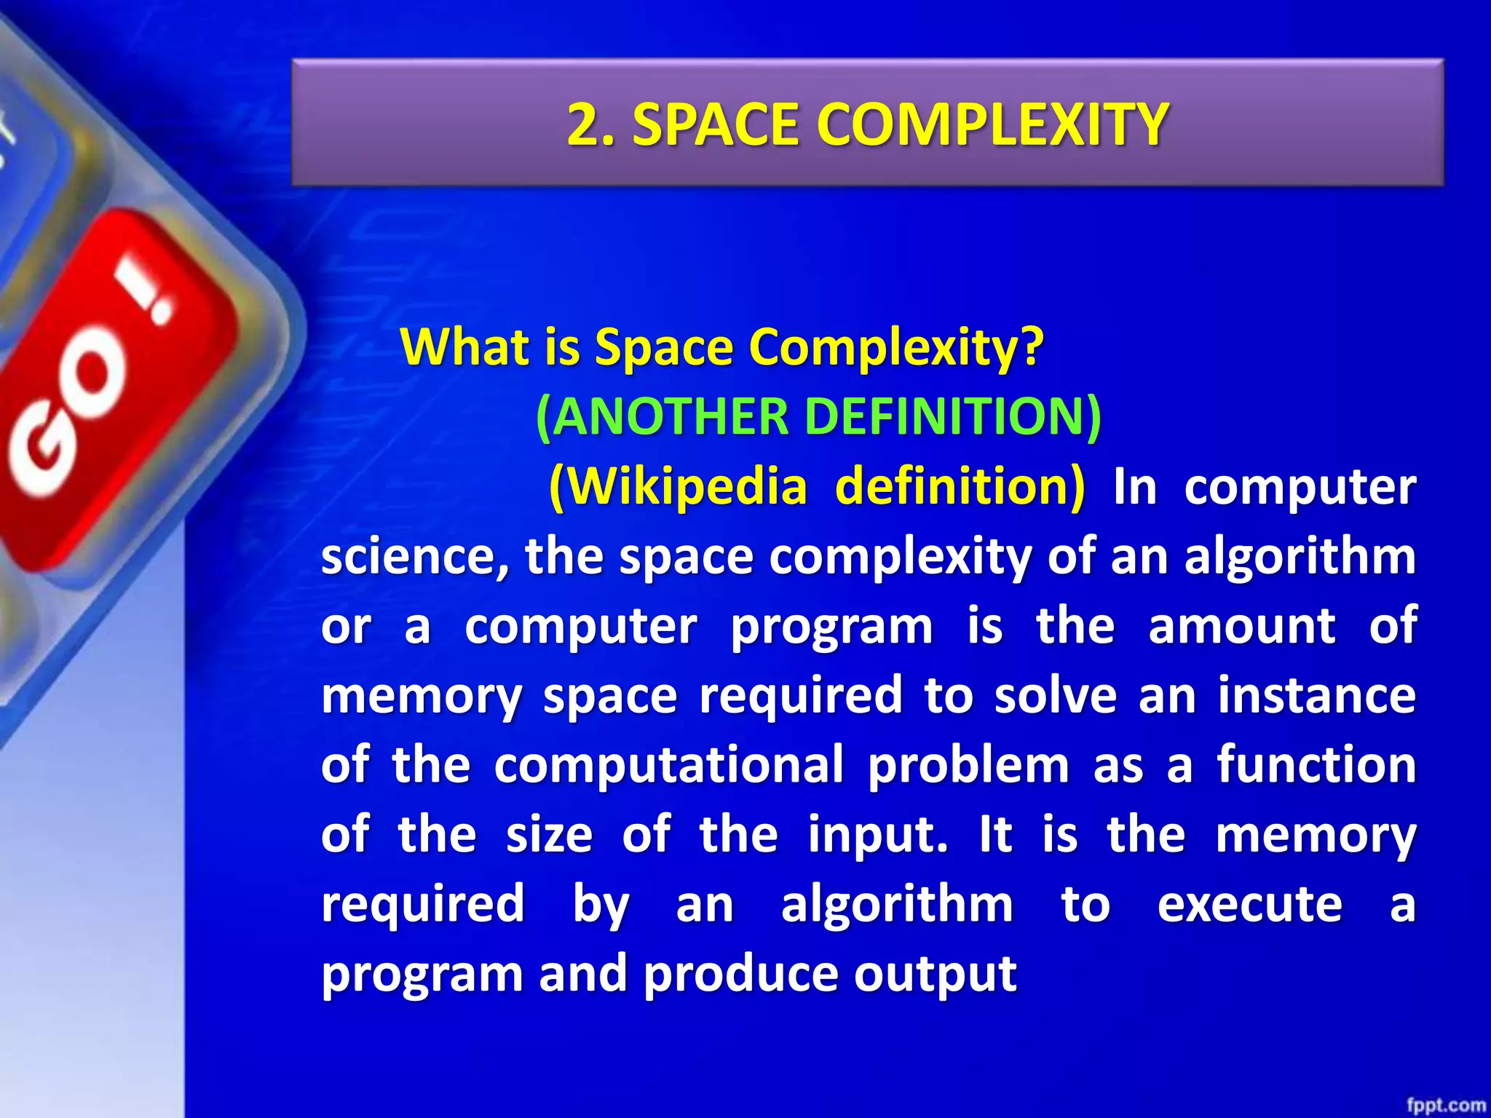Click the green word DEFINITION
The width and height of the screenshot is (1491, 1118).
[954, 417]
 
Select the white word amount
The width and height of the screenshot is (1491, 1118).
[1241, 626]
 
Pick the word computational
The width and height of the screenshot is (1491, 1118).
[668, 765]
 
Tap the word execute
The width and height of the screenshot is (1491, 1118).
[1249, 905]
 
